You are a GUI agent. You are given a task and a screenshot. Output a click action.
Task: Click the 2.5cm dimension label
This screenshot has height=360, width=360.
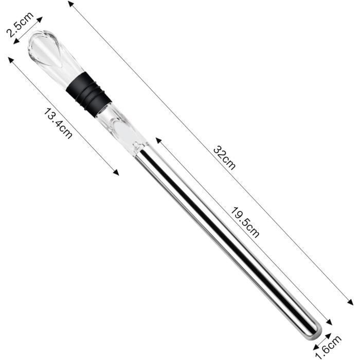20,24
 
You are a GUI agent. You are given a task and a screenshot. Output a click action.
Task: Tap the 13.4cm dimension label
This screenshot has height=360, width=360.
58,124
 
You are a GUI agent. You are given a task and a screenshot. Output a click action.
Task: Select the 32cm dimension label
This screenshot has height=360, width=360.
224,157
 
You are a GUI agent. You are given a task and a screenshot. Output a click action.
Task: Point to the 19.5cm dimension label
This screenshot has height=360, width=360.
245,222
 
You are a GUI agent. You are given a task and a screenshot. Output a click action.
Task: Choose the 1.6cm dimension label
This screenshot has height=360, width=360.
329,347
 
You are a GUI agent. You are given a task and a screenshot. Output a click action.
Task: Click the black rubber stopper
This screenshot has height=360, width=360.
89,94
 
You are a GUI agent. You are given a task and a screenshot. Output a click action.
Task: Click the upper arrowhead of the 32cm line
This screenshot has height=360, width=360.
71,4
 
